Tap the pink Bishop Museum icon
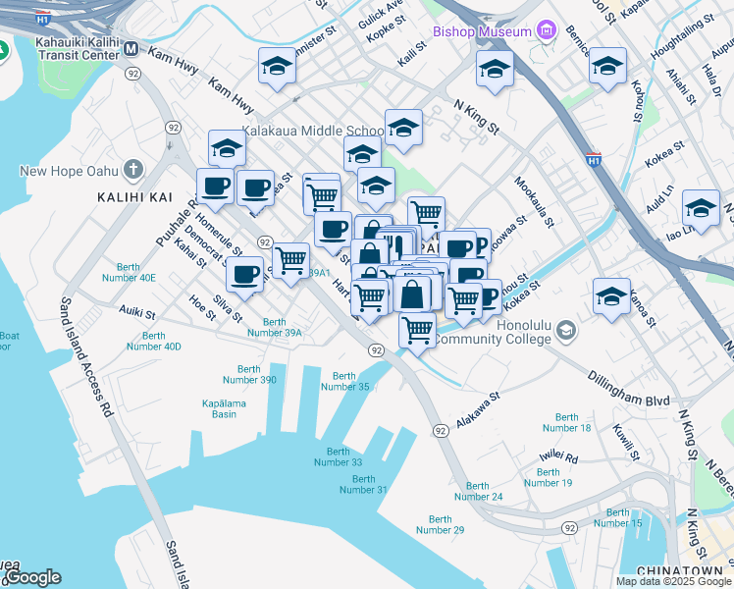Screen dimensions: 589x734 [x=547, y=30]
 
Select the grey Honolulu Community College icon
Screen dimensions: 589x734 [x=565, y=333]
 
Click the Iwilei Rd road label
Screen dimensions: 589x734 [x=558, y=457]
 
